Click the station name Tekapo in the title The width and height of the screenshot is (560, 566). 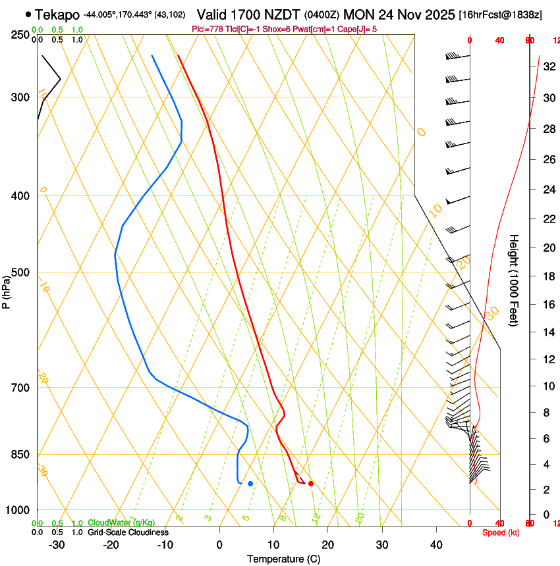[x=57, y=14]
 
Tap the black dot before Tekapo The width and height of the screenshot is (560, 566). [x=28, y=14]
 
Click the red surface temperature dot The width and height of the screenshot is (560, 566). [x=310, y=484]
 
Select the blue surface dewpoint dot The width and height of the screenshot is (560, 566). [x=250, y=484]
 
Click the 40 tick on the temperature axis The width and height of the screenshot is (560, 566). [x=436, y=544]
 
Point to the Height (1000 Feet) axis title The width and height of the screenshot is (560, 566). [x=514, y=280]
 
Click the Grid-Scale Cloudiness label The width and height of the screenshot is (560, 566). [x=127, y=532]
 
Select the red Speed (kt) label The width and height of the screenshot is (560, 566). [x=501, y=532]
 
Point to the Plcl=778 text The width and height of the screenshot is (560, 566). [x=207, y=29]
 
